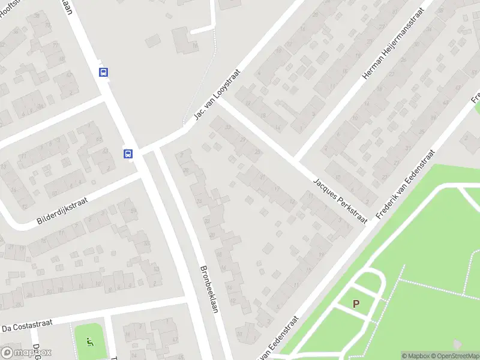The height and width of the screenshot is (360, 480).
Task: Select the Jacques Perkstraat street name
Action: pyautogui.click(x=340, y=201)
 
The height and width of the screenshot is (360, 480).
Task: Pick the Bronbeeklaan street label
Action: pyautogui.click(x=208, y=289)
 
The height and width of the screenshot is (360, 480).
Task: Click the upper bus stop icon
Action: pyautogui.click(x=104, y=72)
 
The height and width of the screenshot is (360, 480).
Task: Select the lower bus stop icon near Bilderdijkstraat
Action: pyautogui.click(x=128, y=154)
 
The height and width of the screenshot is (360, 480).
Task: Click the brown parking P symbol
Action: pyautogui.click(x=356, y=304)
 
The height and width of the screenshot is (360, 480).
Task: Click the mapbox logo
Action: pyautogui.click(x=26, y=353)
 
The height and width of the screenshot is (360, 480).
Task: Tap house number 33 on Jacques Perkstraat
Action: pyautogui.click(x=227, y=127)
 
